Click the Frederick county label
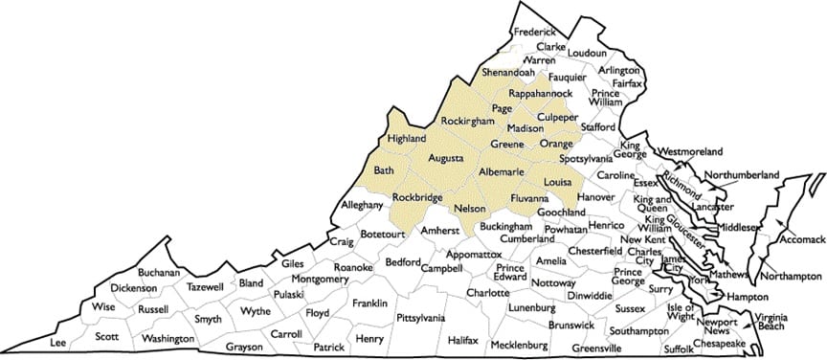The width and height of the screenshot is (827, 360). click(x=535, y=32)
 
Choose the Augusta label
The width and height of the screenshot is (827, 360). click(x=446, y=157)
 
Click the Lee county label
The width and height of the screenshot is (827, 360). click(x=58, y=341)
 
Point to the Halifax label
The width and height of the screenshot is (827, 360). click(x=462, y=340)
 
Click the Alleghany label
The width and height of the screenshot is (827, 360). click(x=362, y=205)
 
